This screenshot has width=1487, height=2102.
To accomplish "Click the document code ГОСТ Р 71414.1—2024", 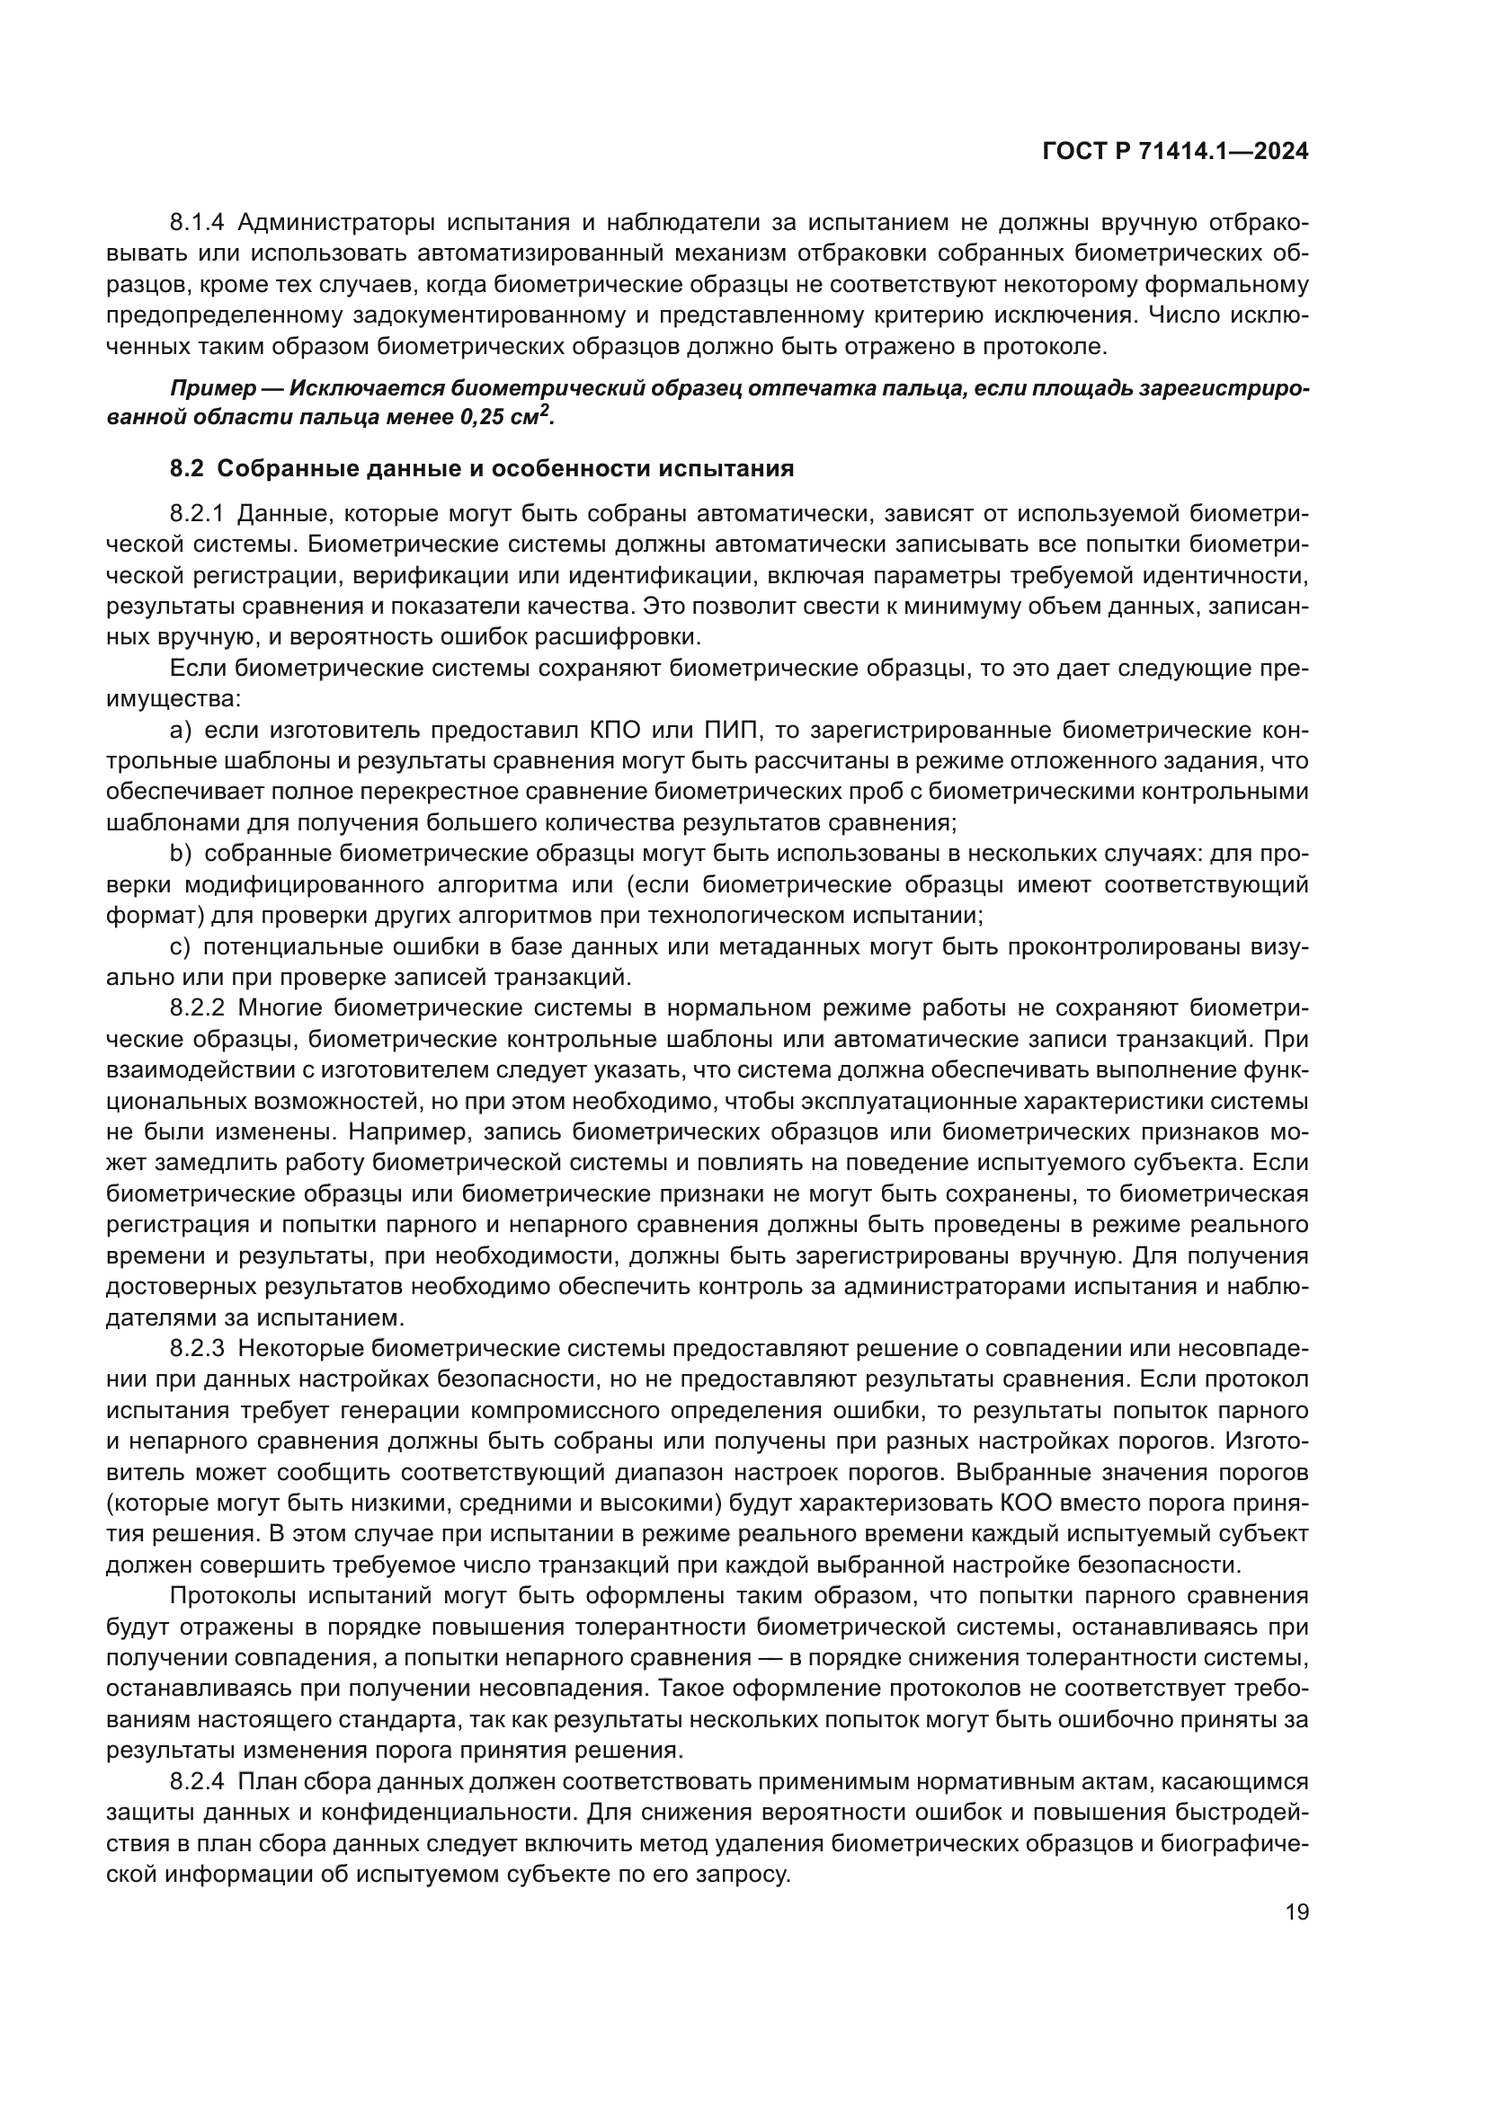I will pos(1175,152).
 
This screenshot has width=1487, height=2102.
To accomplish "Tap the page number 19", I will pos(1296,1911).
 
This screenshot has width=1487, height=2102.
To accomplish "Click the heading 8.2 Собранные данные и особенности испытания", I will pos(482,469).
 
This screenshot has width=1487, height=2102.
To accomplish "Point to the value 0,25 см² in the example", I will pos(506,418).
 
